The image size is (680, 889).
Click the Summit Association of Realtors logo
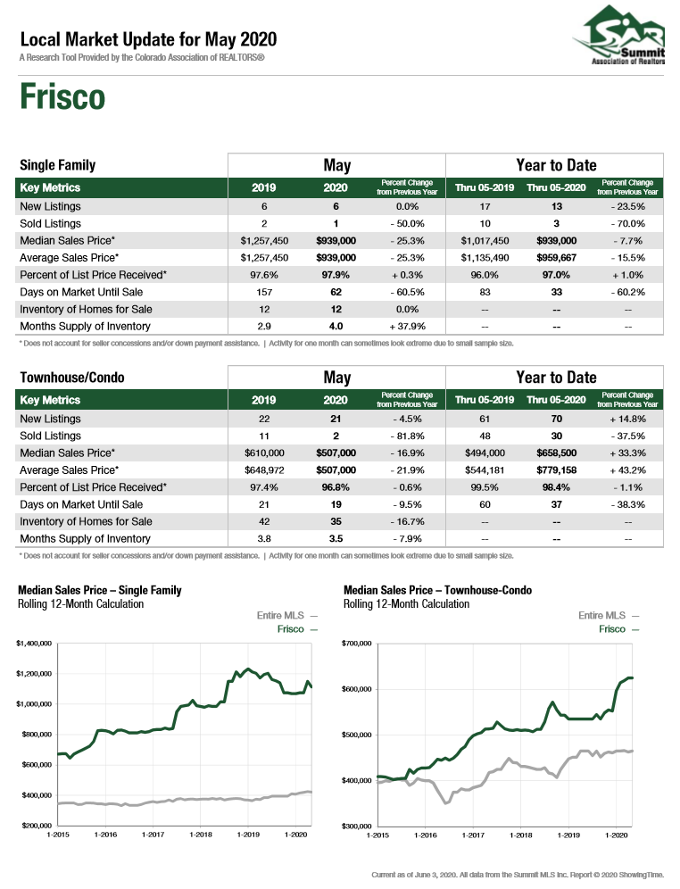click(619, 35)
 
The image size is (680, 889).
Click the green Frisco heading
click(62, 97)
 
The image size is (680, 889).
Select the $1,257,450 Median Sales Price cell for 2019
click(264, 240)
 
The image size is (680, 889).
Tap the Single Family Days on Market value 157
click(264, 292)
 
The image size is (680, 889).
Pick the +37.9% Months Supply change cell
click(407, 326)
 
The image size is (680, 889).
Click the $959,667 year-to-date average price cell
click(557, 257)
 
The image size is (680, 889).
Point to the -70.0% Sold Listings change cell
click(628, 223)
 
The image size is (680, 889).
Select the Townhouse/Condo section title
click(72, 378)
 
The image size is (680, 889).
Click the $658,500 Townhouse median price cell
click(557, 453)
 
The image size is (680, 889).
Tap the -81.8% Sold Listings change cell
click(407, 436)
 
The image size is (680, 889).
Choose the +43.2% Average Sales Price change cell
click(628, 470)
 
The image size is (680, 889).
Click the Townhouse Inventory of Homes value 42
click(264, 521)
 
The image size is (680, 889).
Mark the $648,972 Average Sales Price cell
click(264, 470)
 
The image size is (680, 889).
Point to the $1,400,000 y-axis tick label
click(34, 644)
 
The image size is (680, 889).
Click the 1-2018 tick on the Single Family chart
click(201, 835)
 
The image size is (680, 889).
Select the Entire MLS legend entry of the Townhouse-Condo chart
click(609, 616)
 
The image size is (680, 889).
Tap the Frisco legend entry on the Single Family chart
click(297, 629)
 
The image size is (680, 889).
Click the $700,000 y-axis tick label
click(356, 644)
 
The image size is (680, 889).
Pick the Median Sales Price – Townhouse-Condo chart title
click(437, 590)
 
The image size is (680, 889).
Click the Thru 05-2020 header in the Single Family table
click(557, 187)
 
